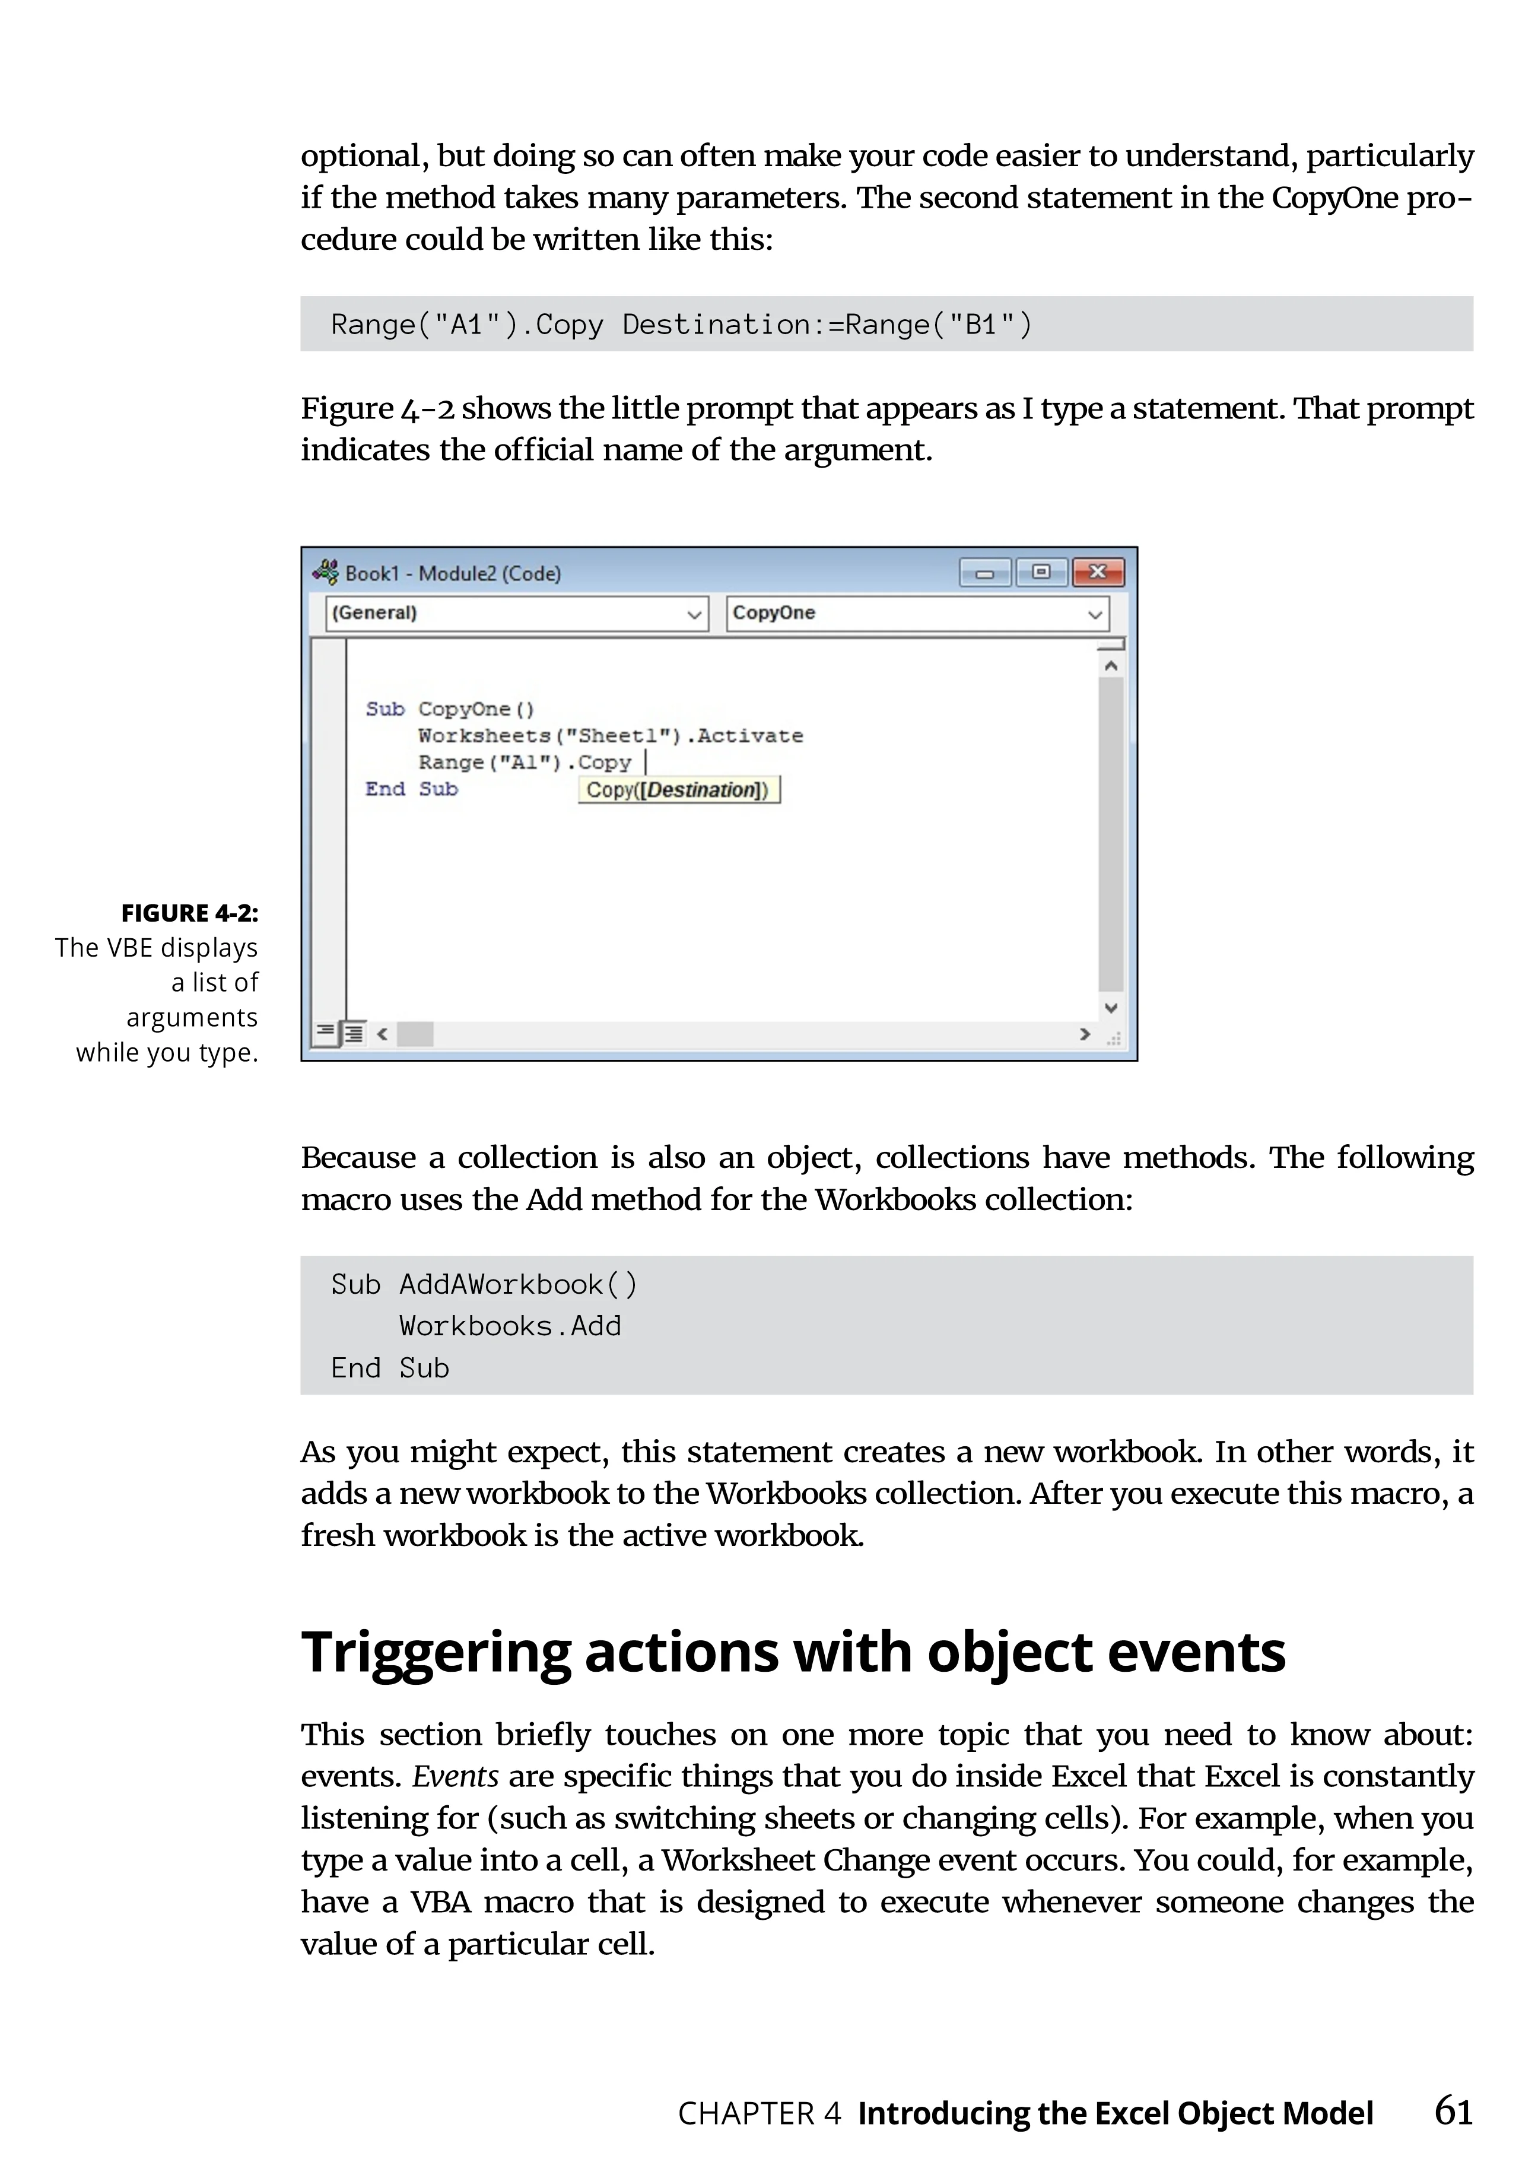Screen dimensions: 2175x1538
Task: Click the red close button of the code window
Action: (1098, 572)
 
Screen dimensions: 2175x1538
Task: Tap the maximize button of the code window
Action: (1041, 572)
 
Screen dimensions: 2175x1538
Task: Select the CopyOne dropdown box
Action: (917, 613)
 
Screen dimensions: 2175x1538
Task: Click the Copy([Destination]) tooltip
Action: (678, 790)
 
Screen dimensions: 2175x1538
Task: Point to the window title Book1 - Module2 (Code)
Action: (453, 573)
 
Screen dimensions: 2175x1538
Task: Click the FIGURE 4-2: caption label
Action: (189, 913)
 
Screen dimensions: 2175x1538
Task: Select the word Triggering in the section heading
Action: (436, 1653)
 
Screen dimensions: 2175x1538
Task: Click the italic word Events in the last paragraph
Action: (456, 1776)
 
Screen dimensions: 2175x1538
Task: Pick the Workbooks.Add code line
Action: (510, 1326)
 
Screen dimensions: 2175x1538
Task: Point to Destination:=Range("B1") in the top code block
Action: (826, 325)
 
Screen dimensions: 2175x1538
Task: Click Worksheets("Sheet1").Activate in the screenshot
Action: (611, 736)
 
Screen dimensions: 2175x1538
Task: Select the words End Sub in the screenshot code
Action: (411, 789)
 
